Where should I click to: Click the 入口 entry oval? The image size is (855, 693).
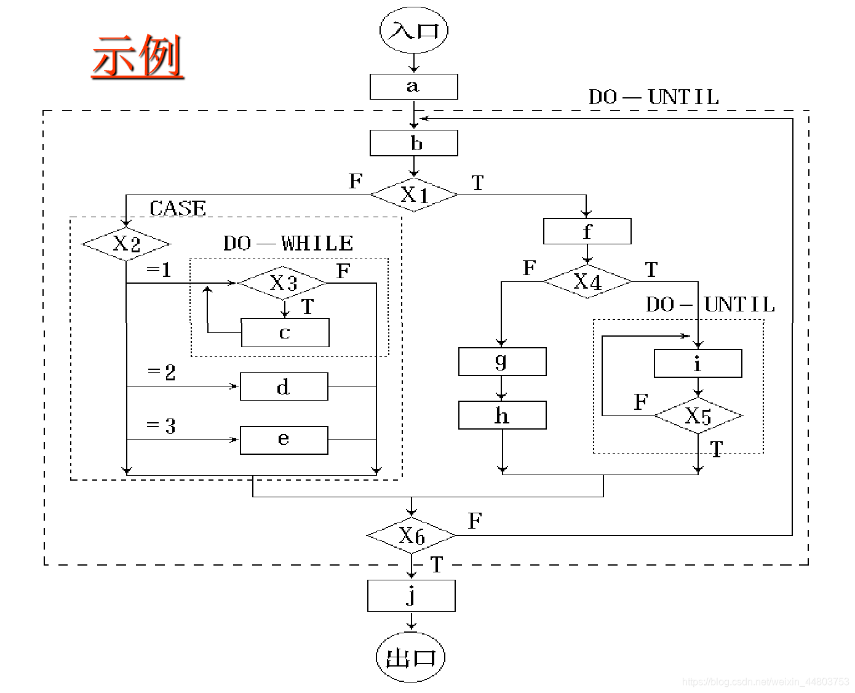[414, 30]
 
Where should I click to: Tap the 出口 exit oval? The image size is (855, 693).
[410, 657]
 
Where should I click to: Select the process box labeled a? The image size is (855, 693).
[413, 87]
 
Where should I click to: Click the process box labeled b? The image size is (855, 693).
[413, 143]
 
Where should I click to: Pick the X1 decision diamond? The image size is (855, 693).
[414, 194]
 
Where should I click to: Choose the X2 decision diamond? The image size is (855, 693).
[126, 244]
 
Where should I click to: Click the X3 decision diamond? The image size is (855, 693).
[283, 282]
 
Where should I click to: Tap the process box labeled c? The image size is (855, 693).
[285, 332]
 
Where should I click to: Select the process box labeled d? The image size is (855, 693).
[284, 387]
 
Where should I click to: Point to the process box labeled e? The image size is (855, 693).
[284, 440]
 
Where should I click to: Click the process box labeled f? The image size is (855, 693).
[587, 231]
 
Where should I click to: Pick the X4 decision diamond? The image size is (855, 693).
[587, 281]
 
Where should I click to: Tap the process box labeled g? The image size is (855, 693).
[502, 361]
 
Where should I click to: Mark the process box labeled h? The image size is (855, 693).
[502, 415]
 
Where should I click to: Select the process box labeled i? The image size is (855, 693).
[698, 363]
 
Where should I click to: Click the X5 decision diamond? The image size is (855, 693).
[698, 416]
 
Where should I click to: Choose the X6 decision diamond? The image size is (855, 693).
[411, 535]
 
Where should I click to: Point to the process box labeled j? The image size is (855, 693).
[411, 595]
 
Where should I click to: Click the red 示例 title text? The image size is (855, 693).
[138, 57]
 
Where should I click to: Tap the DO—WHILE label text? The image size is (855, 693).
[288, 243]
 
